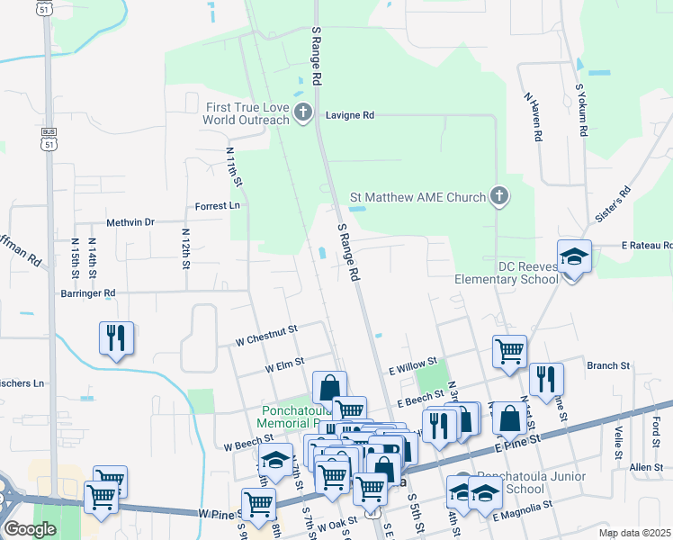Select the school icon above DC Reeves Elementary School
coord(573,256)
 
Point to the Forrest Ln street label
coord(218,206)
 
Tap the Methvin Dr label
coord(130,221)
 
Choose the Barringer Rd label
coord(84,292)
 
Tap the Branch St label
coord(607,365)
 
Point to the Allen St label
coord(646,467)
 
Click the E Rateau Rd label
coord(646,245)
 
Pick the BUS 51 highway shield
coord(49,138)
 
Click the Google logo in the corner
coord(30,528)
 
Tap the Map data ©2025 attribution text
coord(634,533)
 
